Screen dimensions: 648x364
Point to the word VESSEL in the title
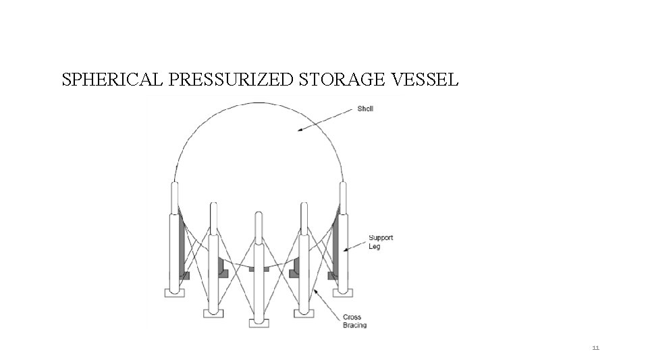425,80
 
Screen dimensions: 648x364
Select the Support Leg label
380,242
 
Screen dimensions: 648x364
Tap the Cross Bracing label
354,321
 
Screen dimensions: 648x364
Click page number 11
595,348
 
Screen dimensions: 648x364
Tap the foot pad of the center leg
259,323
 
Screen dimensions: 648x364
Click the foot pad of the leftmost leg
174,292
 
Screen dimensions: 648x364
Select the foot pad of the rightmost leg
342,292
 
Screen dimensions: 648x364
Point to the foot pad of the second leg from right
304,313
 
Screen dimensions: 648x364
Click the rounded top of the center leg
259,216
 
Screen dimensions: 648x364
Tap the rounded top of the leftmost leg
174,187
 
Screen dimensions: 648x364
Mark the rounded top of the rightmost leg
342,187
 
